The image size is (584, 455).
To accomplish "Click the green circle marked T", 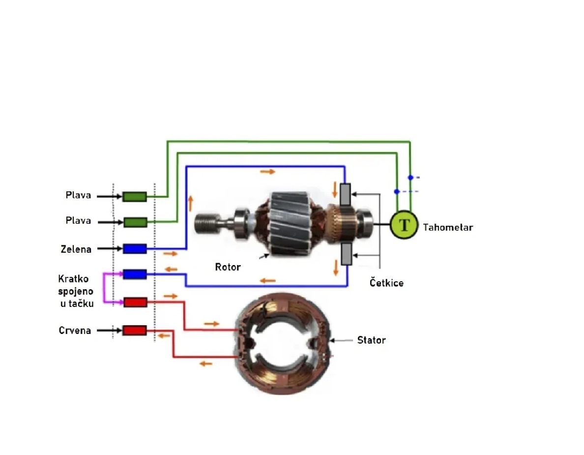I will (404, 225).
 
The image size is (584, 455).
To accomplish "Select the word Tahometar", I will (448, 227).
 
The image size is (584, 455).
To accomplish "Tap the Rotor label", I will (228, 267).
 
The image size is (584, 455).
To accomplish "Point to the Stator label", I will (371, 340).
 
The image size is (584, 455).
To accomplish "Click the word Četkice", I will (386, 283).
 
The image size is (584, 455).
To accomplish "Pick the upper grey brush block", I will (346, 195).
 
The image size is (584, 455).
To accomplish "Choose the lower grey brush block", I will (346, 254).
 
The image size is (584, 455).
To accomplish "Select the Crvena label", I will (75, 331).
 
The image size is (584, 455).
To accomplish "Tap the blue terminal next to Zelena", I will (135, 249).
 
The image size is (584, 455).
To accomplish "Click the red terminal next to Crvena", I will (135, 331).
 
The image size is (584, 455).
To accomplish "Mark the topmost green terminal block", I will (134, 197).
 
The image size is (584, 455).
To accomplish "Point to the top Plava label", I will (79, 195).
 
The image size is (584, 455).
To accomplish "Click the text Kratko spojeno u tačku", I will (76, 291).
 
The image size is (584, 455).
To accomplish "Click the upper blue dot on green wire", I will (410, 177).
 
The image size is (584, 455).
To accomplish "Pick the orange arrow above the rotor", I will (268, 172).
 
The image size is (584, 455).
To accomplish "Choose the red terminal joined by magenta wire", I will (135, 302).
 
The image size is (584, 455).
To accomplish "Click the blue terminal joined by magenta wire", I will (135, 274).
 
